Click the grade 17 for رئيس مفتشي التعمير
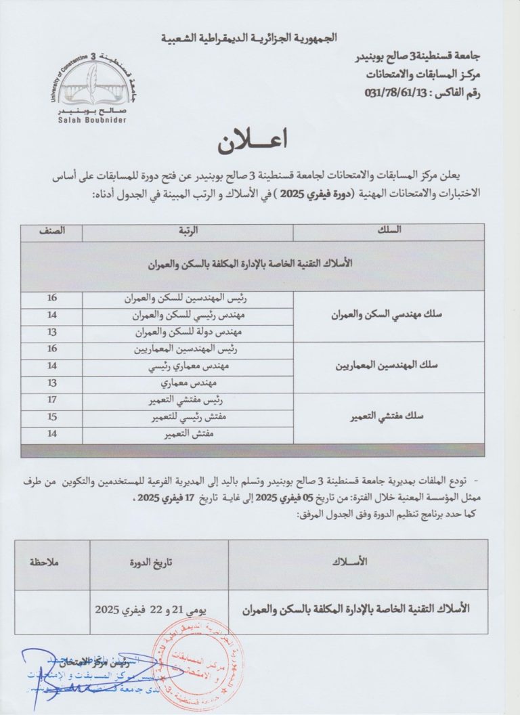click(x=53, y=401)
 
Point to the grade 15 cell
click(x=53, y=418)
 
